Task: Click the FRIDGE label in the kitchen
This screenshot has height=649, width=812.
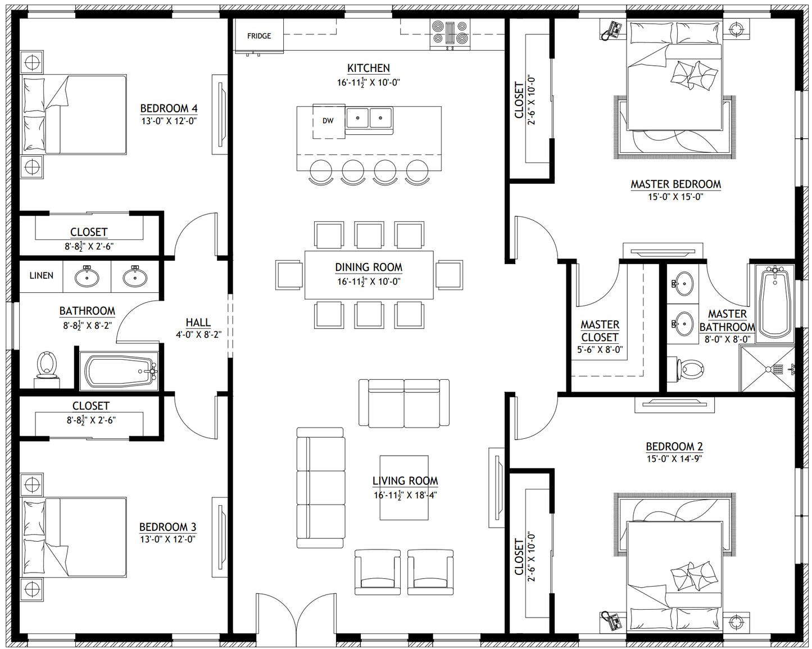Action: coord(259,36)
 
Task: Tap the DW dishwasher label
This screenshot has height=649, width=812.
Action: coord(328,121)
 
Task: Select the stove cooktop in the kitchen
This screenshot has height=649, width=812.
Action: coord(450,33)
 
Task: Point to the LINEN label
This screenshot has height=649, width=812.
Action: coord(41,275)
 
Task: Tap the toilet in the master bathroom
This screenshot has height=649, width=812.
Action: coord(686,369)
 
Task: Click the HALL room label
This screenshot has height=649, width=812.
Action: coord(198,323)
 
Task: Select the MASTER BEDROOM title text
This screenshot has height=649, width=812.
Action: coord(676,184)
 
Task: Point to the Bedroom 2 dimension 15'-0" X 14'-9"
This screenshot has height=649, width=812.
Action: coord(674,459)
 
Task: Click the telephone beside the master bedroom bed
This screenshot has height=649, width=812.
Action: coord(612,30)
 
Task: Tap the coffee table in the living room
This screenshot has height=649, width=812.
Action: coord(403,488)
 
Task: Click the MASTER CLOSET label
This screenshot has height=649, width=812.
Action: coord(600,331)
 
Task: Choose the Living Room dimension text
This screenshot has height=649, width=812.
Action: coord(405,494)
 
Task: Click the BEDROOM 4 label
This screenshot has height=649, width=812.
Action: coord(169,108)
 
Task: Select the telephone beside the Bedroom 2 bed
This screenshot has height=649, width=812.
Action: coord(612,620)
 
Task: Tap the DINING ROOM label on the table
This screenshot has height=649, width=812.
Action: coord(369,267)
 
